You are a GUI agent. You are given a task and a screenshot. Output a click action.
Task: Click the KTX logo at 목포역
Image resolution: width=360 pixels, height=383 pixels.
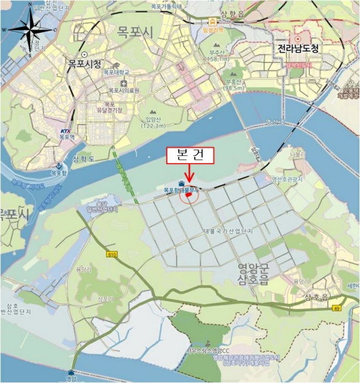(x=66, y=131)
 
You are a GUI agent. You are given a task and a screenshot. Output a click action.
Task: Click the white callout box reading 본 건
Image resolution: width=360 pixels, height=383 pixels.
(x=189, y=156)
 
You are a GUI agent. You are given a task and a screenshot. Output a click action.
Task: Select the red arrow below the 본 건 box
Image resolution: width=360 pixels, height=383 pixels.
(x=189, y=173)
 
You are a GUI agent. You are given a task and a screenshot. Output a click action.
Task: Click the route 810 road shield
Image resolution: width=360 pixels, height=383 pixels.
(x=112, y=254)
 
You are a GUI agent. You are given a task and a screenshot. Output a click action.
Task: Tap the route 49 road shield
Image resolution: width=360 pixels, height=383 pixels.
(x=336, y=310)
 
